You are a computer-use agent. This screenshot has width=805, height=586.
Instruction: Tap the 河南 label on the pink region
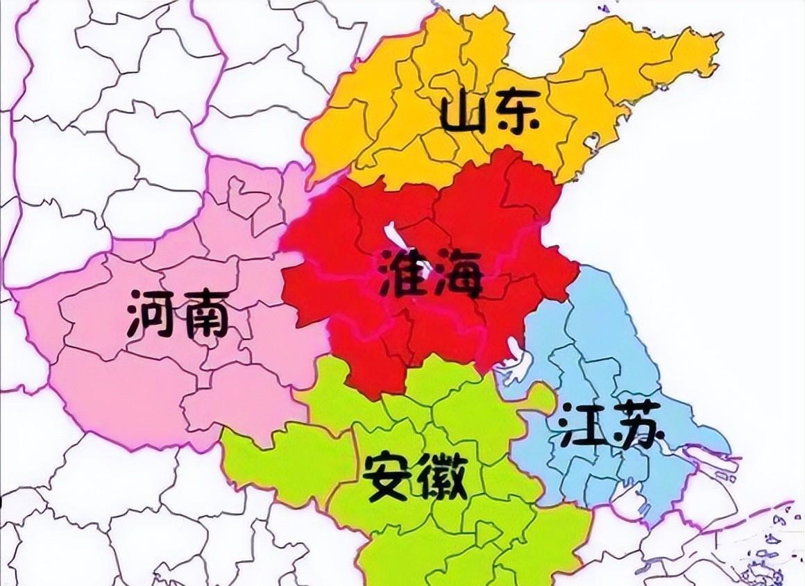(178, 314)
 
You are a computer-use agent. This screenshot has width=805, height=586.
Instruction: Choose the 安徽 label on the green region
(415, 476)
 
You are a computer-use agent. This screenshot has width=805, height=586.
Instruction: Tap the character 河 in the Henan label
(151, 314)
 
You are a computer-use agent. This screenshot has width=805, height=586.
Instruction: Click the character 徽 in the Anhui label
(441, 476)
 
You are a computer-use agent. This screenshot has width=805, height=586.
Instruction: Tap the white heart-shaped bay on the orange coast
(592, 142)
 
